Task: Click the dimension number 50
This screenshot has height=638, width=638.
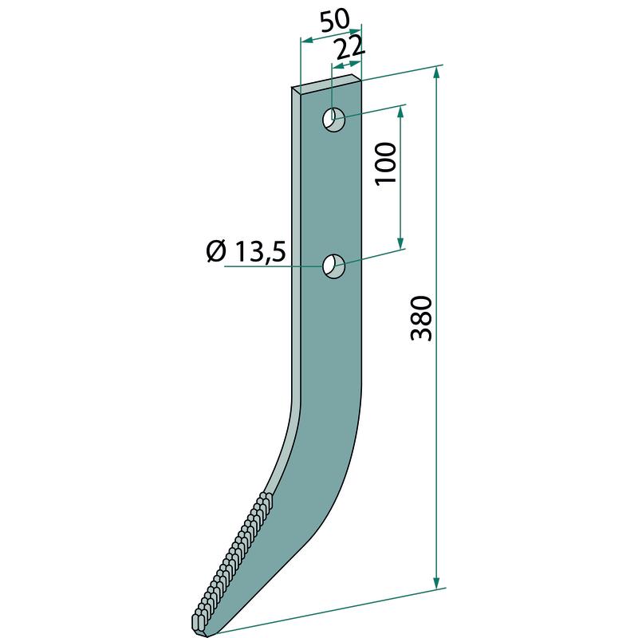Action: pos(335,22)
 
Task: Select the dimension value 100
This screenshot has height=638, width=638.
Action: pos(386,163)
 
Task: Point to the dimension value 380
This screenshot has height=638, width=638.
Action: pos(421,318)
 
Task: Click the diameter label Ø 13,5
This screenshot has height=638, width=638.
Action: pos(246,253)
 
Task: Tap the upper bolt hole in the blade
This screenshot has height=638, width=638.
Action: pos(333,120)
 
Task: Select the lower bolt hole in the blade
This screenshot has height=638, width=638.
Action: pos(333,266)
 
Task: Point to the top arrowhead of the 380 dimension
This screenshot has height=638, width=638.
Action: pos(436,73)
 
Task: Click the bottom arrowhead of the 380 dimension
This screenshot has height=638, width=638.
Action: pos(436,582)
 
